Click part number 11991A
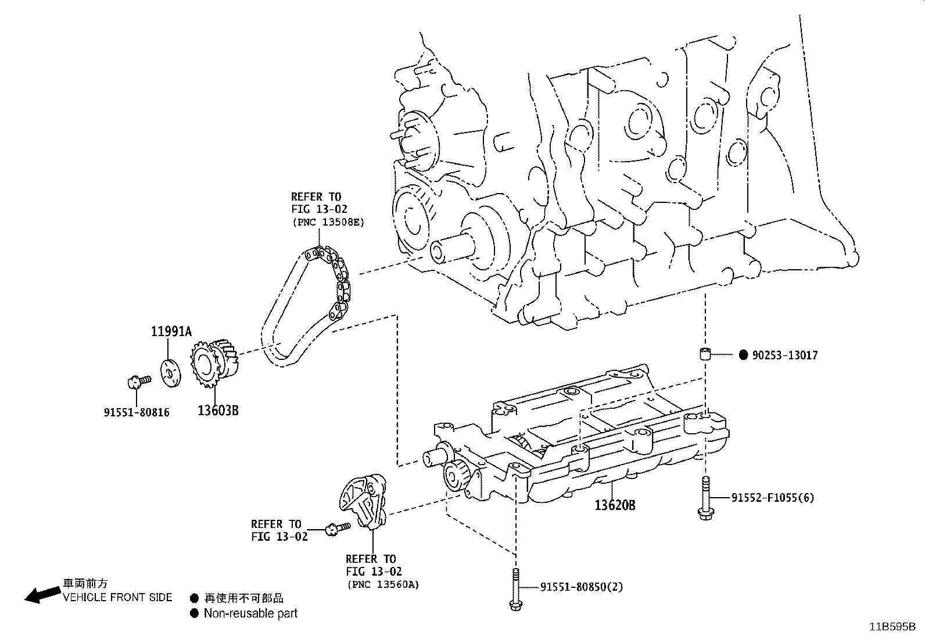171,332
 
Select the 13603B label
218,410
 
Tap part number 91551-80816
137,412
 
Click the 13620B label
614,505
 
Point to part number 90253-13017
784,355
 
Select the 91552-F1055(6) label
772,498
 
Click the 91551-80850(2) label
581,587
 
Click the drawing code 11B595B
892,627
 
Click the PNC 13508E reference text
328,222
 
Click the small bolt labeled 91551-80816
137,381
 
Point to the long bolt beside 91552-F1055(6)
705,497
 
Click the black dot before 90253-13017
743,355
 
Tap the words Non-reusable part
250,613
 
